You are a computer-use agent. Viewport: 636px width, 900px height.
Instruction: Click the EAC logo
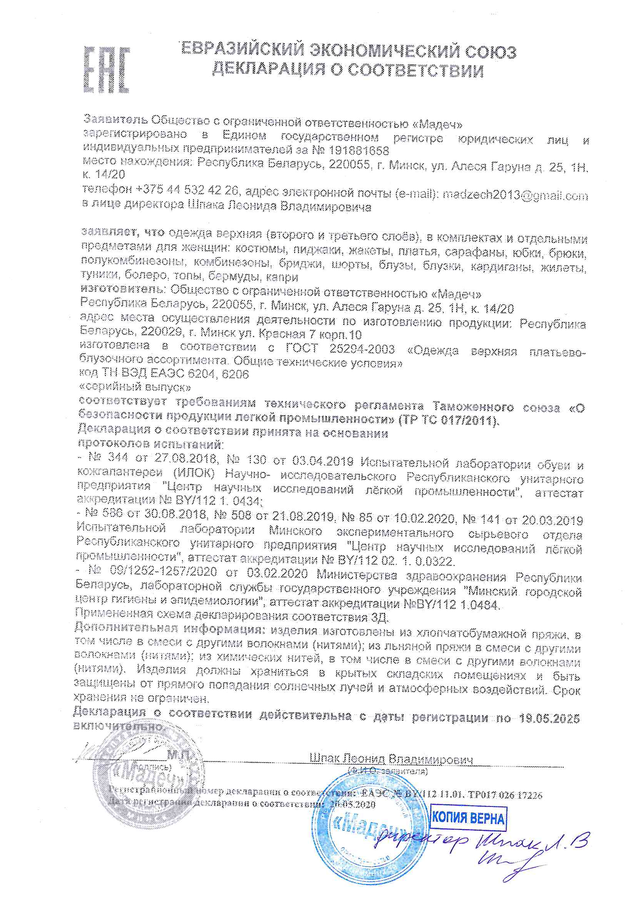point(107,70)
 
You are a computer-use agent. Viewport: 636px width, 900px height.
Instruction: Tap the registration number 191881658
point(359,150)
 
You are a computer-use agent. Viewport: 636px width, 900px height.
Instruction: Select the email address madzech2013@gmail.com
point(515,195)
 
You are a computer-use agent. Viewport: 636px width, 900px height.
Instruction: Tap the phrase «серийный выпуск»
point(135,387)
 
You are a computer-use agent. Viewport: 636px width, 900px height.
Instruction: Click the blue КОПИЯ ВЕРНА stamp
point(468,818)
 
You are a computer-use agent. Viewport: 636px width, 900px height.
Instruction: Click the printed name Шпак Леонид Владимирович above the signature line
point(391,759)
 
